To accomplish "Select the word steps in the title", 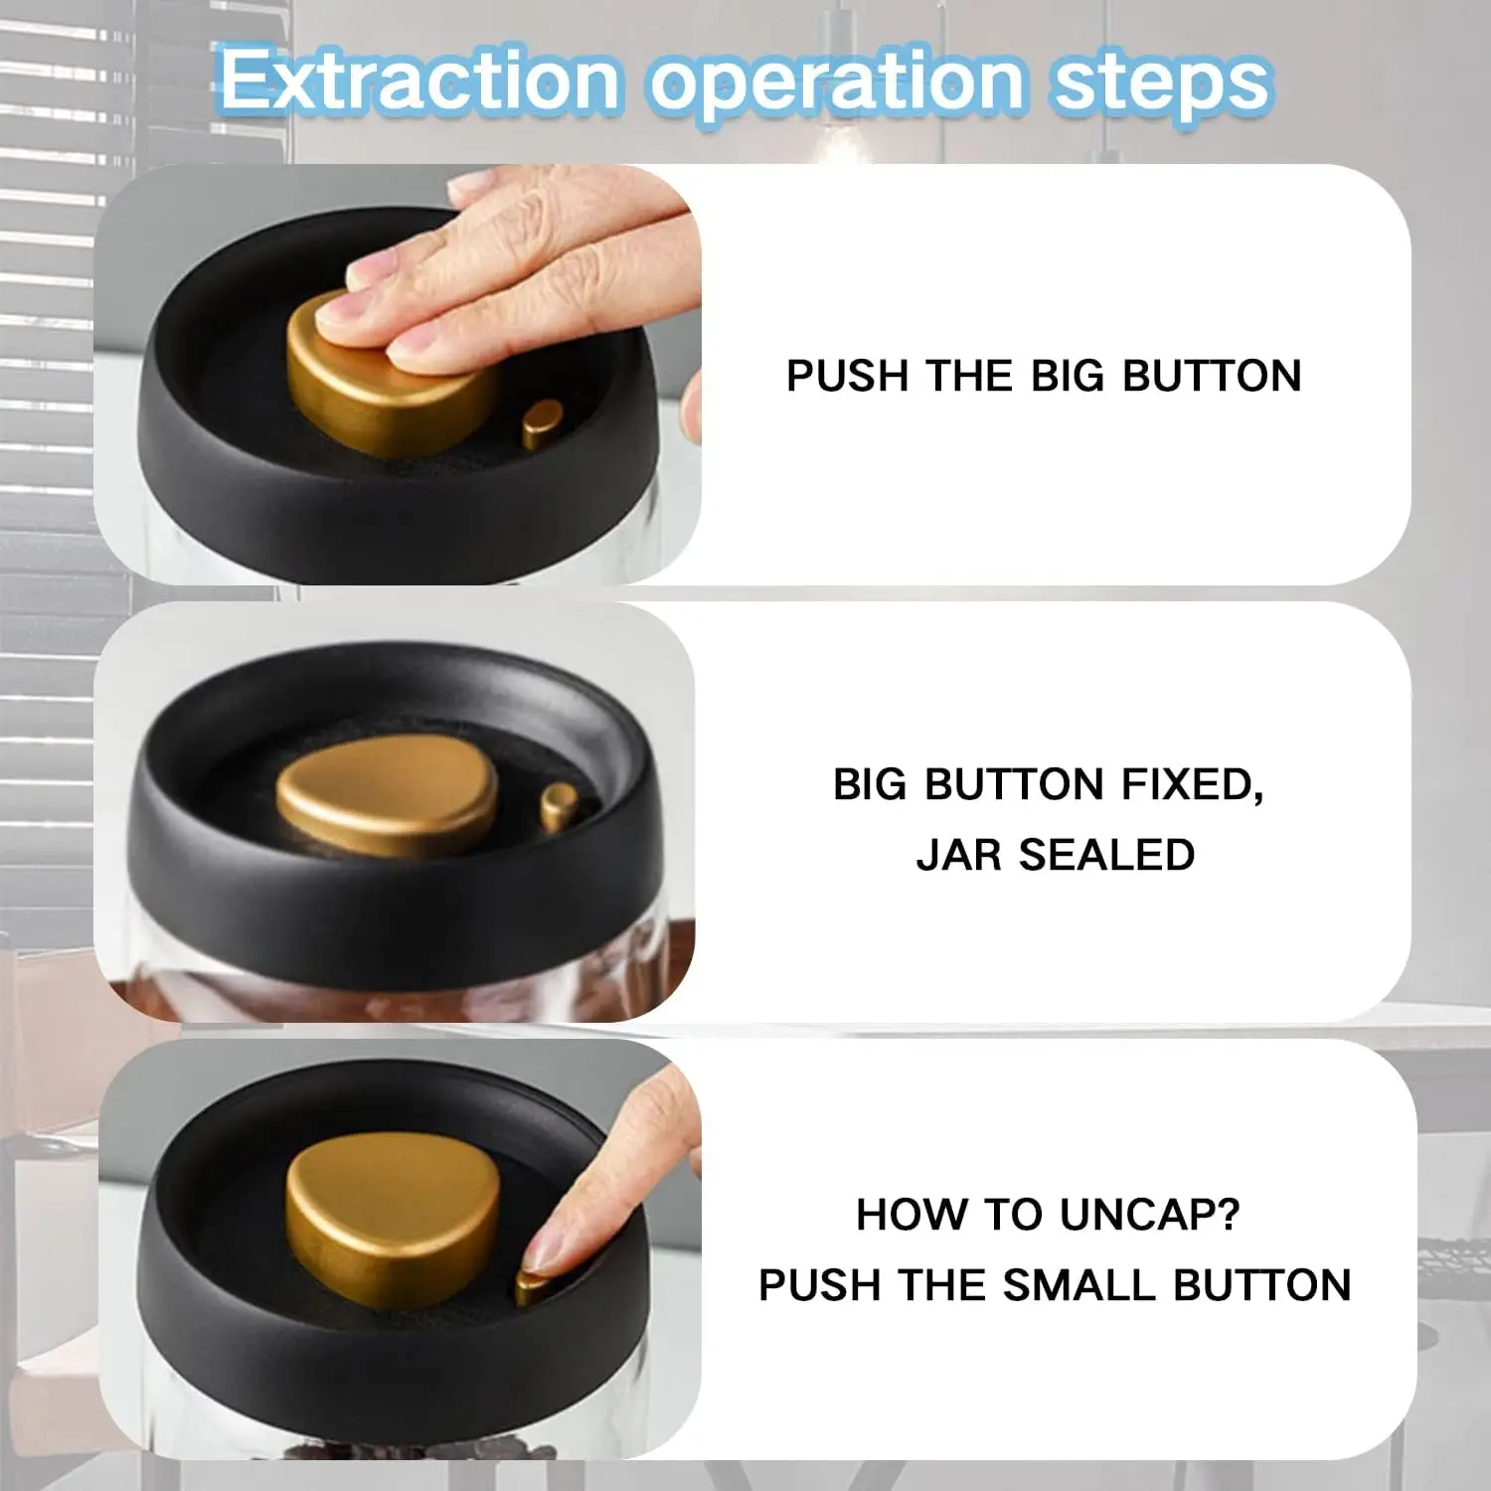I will [x=1161, y=82].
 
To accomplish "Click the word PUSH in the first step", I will [x=848, y=377].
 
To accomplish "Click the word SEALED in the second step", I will [x=1106, y=856].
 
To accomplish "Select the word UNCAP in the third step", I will [x=1149, y=1215].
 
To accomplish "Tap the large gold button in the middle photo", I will [x=388, y=800].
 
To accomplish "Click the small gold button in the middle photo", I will [x=559, y=805].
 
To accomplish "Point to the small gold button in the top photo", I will [x=542, y=422].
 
